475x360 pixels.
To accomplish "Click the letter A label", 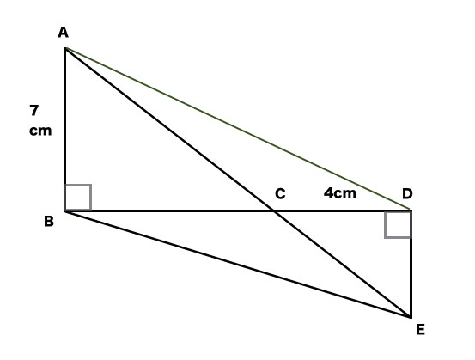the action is (63, 33).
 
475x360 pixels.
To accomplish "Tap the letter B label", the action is (49, 221).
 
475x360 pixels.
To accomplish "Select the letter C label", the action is (280, 193).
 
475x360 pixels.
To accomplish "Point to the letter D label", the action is (407, 193).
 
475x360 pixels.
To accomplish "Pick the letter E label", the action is (421, 329).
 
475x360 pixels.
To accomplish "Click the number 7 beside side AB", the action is (34, 110).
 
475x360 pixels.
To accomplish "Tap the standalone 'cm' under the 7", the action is (40, 131).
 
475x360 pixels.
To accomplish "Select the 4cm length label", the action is (340, 193).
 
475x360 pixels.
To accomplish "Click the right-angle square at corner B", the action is (78, 197).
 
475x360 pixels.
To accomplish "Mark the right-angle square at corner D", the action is (398, 224).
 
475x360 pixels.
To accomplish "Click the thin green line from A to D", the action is (237, 129).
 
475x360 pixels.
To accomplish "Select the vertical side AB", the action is (64, 130).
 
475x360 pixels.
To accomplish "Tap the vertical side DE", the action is (411, 264).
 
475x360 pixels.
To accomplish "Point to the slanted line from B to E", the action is (238, 265).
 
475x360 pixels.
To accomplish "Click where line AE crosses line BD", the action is (274, 211).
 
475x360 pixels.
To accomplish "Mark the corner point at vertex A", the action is (65, 48).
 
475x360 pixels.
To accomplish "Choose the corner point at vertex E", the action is (411, 317).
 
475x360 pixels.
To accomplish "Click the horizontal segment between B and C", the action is (170, 211).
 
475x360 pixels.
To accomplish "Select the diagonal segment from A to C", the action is (170, 130).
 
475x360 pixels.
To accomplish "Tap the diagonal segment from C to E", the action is (343, 264).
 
